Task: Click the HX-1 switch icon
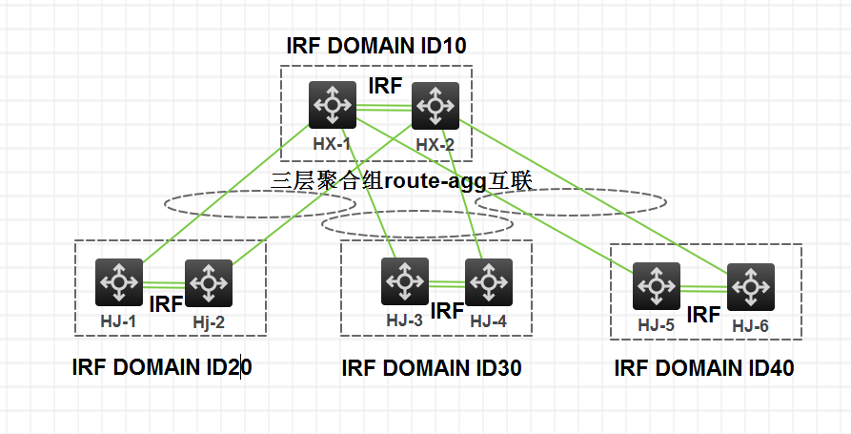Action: pyautogui.click(x=332, y=105)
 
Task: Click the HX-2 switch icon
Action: pyautogui.click(x=436, y=105)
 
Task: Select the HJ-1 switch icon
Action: pyautogui.click(x=119, y=281)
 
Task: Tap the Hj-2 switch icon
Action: pyautogui.click(x=209, y=282)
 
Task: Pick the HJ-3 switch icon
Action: pyautogui.click(x=405, y=281)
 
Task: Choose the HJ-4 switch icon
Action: pyautogui.click(x=489, y=281)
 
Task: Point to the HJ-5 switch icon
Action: pyautogui.click(x=658, y=285)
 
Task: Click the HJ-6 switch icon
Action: pyautogui.click(x=751, y=286)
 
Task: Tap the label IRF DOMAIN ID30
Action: pyautogui.click(x=432, y=368)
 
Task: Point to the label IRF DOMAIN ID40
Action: pyautogui.click(x=704, y=367)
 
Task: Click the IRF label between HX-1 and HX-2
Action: pyautogui.click(x=385, y=86)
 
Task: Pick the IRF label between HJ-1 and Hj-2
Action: pyautogui.click(x=166, y=305)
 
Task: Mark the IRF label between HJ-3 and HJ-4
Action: pyautogui.click(x=447, y=310)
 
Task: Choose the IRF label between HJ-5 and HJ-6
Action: pyautogui.click(x=703, y=314)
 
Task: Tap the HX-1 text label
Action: pyautogui.click(x=333, y=145)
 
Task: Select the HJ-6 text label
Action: pyautogui.click(x=750, y=326)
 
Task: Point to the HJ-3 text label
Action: pyautogui.click(x=404, y=320)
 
